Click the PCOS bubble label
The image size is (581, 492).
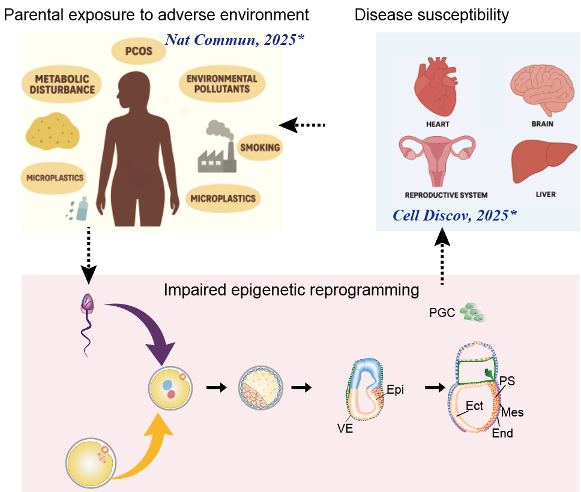point(139,51)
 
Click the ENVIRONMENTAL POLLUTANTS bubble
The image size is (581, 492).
point(221,84)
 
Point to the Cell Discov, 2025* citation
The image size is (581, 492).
point(454,215)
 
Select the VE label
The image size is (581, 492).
point(345,428)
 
